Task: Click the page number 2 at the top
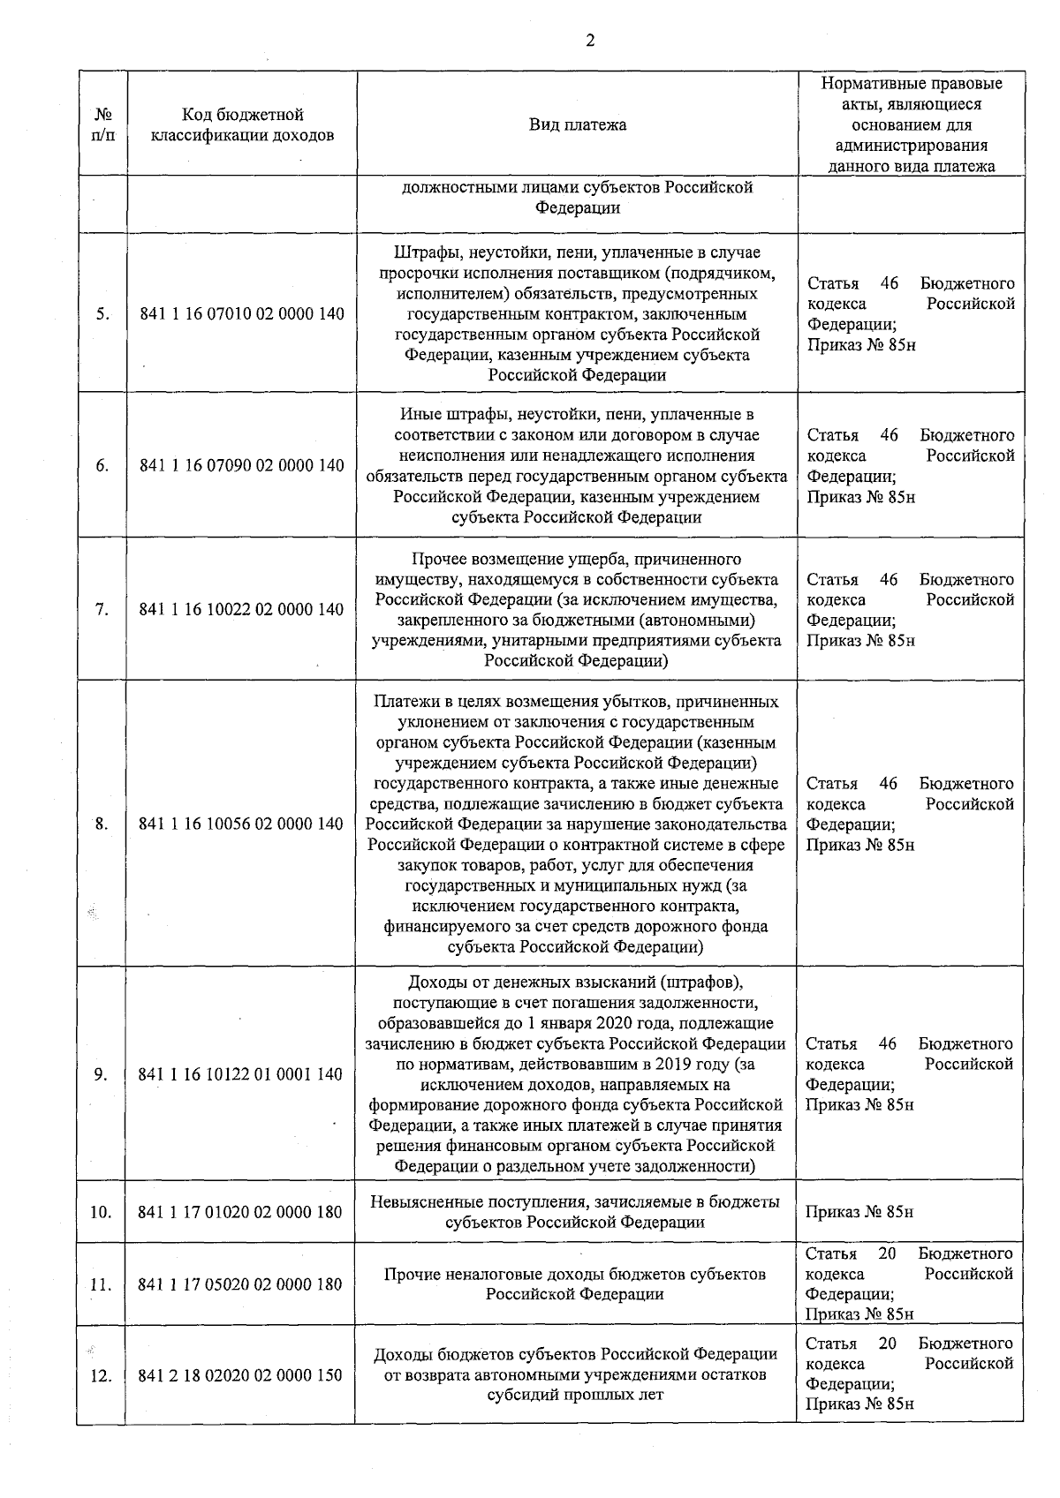click(x=589, y=41)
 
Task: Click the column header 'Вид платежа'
click(x=578, y=124)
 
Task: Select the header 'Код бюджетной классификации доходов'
click(x=242, y=124)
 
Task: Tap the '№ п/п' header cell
click(x=102, y=124)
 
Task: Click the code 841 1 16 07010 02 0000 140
click(x=242, y=314)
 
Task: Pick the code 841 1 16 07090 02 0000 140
click(x=242, y=466)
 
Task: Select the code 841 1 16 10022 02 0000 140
click(x=242, y=609)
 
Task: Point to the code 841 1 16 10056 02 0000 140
click(x=242, y=824)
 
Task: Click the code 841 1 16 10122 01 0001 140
click(x=240, y=1074)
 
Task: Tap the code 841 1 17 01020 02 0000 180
click(x=240, y=1212)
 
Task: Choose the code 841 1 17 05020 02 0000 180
click(x=240, y=1284)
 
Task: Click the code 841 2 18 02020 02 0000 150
click(x=240, y=1375)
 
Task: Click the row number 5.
click(x=102, y=314)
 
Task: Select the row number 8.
click(x=102, y=824)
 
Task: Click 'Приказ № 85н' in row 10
click(x=859, y=1212)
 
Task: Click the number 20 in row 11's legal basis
click(x=887, y=1254)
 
